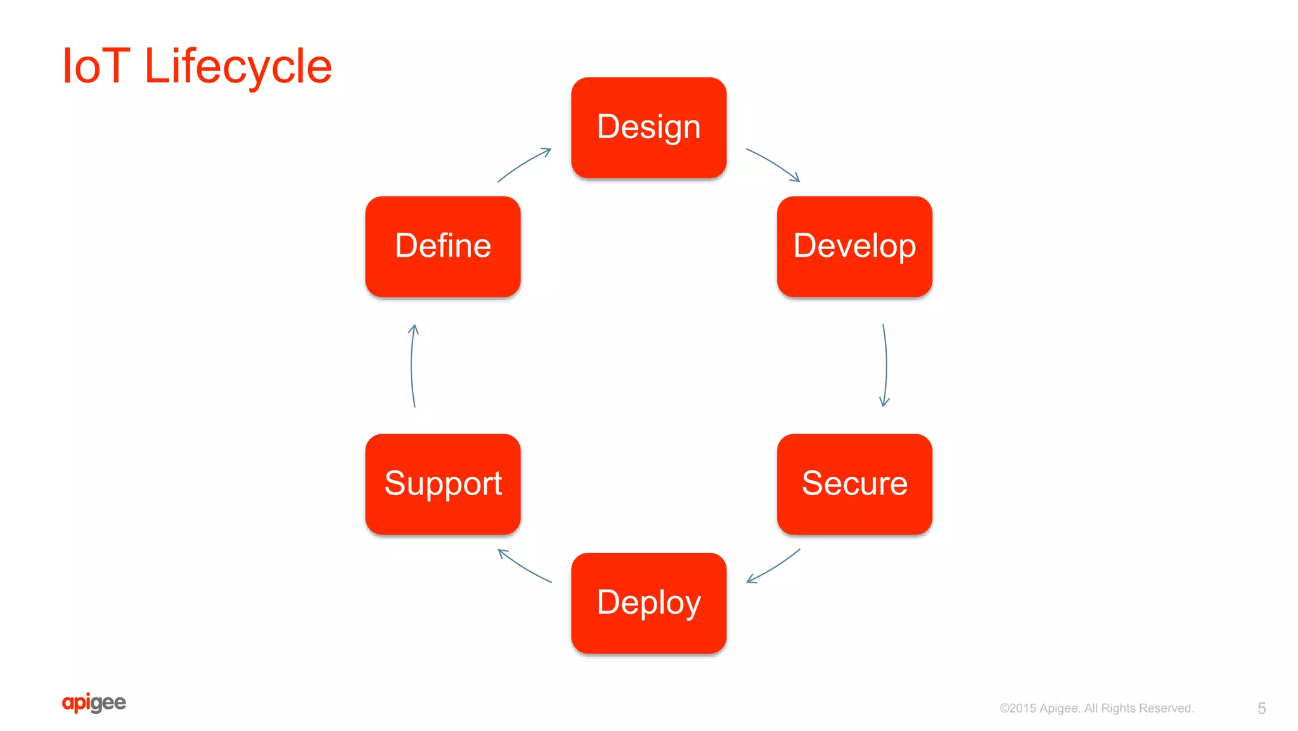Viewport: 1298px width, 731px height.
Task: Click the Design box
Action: pos(648,127)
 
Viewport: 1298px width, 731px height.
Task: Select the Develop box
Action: pos(854,246)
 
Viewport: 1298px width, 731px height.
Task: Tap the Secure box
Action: pos(854,484)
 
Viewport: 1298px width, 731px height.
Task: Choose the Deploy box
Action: pos(648,602)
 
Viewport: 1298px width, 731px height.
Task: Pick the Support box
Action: pos(442,484)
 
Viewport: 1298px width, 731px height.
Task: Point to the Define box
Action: pos(442,246)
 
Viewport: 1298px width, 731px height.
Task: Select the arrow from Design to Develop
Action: pos(773,164)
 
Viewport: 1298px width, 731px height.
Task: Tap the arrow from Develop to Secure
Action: pos(885,365)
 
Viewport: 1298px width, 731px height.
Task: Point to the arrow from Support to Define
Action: pos(412,365)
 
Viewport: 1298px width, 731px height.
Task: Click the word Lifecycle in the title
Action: pos(238,66)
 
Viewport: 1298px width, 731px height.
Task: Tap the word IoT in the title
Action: pos(96,66)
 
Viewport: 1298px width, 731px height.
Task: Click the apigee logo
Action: pos(94,702)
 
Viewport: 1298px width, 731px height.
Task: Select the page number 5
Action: pos(1261,708)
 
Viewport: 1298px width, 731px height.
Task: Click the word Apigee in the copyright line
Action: pos(1060,708)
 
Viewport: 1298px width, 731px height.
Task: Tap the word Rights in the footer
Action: pos(1119,708)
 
